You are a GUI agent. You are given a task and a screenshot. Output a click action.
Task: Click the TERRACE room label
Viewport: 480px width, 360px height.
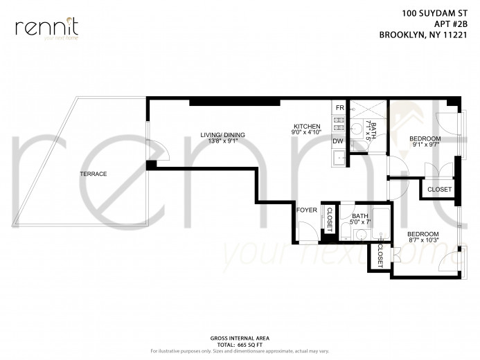tap(93, 174)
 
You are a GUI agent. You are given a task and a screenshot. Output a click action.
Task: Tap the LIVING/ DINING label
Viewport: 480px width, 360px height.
tap(222, 134)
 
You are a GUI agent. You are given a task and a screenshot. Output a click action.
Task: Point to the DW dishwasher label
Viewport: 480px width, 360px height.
tap(338, 141)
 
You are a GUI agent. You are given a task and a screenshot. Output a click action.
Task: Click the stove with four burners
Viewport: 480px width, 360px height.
tap(339, 125)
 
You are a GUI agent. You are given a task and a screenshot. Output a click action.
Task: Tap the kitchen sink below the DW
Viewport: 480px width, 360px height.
tap(338, 159)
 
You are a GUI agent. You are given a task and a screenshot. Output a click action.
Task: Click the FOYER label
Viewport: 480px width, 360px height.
tap(306, 210)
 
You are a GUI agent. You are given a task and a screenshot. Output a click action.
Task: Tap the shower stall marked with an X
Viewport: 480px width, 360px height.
tap(367, 111)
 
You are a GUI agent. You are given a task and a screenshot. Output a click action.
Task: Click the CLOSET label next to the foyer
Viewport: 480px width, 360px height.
tap(329, 219)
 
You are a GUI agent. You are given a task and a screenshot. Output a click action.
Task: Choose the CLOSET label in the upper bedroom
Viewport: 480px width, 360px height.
tap(439, 190)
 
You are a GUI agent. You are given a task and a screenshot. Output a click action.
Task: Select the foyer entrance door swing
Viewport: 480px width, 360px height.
tap(306, 232)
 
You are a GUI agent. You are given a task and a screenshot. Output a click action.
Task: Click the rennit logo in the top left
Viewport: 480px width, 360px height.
tap(46, 28)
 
